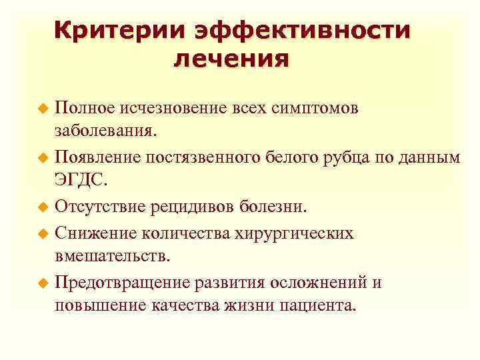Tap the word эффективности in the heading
pos(303,31)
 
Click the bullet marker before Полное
pos(44,108)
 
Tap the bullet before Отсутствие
pos(44,207)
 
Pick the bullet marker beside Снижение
pos(44,233)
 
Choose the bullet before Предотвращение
pos(44,283)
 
